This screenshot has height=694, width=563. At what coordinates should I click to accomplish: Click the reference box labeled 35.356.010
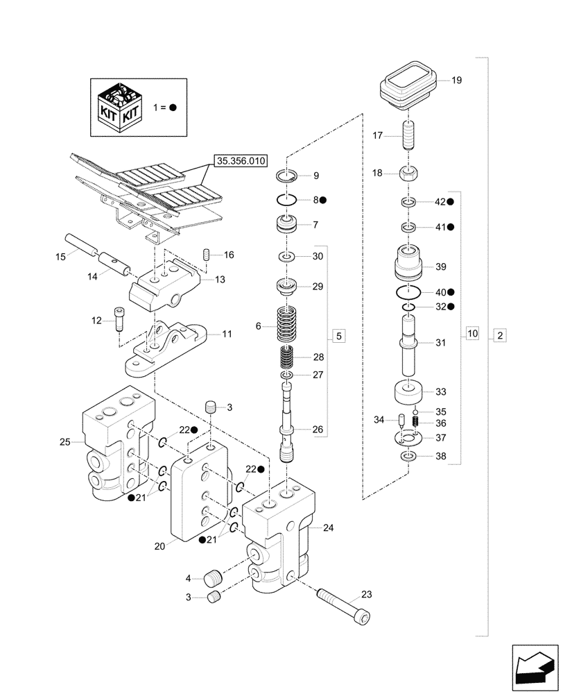[241, 161]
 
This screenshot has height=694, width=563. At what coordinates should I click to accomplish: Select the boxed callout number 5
[338, 337]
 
